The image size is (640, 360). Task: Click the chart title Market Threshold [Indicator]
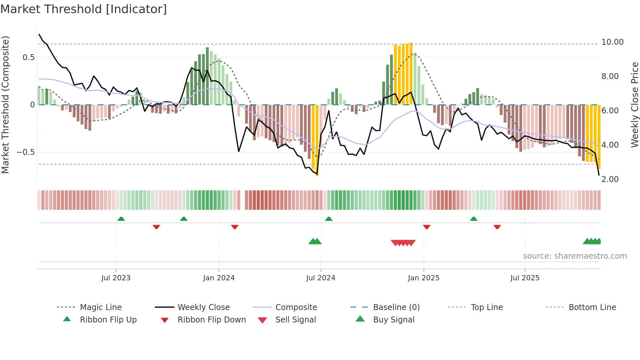click(x=84, y=9)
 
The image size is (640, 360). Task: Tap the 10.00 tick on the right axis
click(x=612, y=42)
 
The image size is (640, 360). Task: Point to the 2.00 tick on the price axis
click(x=610, y=179)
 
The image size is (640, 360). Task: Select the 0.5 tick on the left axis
click(x=28, y=57)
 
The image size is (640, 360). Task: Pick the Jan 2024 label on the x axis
click(x=219, y=278)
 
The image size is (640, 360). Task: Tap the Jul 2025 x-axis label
click(x=525, y=278)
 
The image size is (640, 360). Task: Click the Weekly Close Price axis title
click(x=634, y=105)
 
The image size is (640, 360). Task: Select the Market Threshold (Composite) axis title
click(x=5, y=105)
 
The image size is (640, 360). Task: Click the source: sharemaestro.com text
click(x=575, y=256)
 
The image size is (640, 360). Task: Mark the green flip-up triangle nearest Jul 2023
click(x=121, y=219)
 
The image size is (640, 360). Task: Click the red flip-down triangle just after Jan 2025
click(x=426, y=227)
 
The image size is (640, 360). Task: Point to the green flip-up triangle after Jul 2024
click(x=329, y=219)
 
